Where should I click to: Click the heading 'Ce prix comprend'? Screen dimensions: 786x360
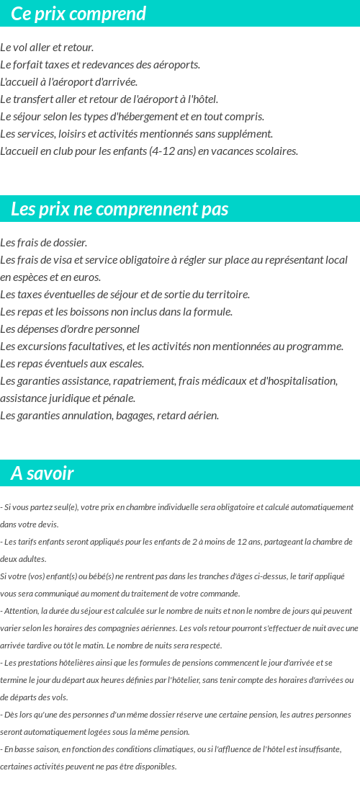[78, 14]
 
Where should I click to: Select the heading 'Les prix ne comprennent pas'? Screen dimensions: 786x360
[120, 209]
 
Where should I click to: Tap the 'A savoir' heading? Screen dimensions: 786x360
[42, 473]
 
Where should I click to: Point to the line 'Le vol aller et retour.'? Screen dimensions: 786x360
[48, 48]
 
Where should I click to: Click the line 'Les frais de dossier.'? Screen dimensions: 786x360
[44, 243]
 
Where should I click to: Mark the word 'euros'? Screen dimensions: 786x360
[86, 277]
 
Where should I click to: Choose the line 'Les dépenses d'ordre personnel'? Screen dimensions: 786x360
[70, 329]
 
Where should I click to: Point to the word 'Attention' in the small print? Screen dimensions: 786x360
[19, 611]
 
